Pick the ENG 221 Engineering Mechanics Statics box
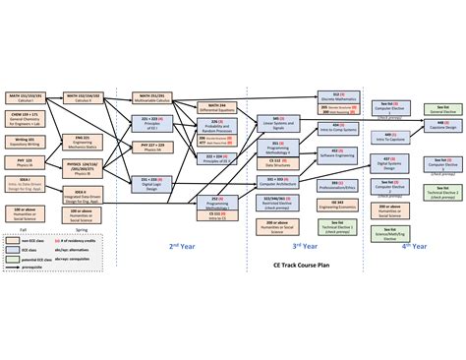click(82, 141)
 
